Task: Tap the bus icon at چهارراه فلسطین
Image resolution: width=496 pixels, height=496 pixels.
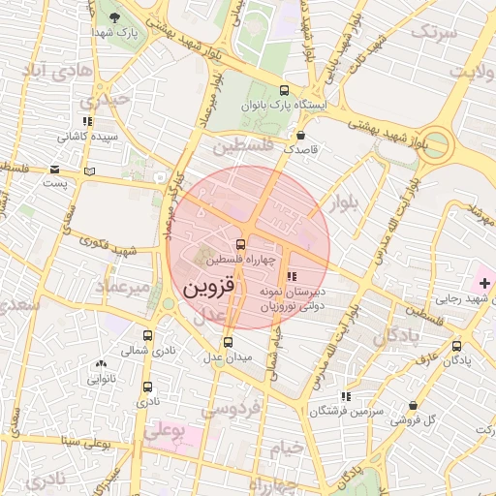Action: [x=240, y=243]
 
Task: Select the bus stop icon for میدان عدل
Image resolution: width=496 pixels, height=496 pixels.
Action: [x=229, y=341]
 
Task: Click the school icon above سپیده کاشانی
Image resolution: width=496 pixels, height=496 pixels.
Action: [x=87, y=122]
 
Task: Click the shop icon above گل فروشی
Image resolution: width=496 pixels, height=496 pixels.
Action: [x=414, y=406]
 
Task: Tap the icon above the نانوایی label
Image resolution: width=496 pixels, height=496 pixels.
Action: [x=101, y=364]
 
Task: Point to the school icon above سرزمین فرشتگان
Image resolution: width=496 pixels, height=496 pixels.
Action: [x=346, y=396]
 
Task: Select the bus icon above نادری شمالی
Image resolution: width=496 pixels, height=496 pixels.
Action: [x=147, y=333]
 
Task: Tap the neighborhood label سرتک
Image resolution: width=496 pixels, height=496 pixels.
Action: [x=432, y=32]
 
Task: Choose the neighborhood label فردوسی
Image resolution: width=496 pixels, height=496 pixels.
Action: [x=232, y=410]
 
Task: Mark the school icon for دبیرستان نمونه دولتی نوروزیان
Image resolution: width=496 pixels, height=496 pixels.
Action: [x=293, y=276]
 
